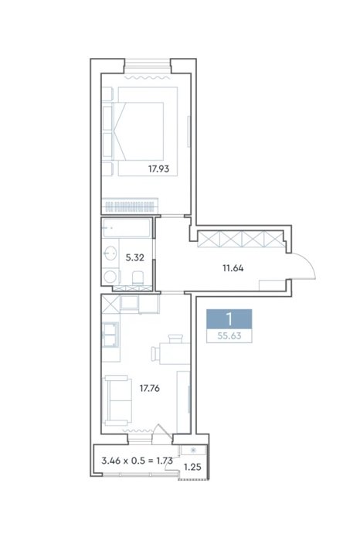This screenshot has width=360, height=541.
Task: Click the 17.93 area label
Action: click(158, 169)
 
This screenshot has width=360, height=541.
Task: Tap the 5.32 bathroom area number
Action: click(135, 257)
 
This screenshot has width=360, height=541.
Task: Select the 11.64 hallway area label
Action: click(233, 268)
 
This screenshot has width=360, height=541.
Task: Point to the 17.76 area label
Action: click(149, 389)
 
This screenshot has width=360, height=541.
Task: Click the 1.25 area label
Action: click(192, 467)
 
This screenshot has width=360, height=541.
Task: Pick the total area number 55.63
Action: click(229, 335)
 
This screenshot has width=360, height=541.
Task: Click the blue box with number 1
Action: click(229, 318)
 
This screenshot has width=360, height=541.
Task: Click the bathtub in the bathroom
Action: click(127, 228)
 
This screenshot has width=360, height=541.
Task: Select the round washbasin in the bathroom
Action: click(110, 253)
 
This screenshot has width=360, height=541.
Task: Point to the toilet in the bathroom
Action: click(138, 277)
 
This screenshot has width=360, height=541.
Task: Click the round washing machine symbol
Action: click(110, 277)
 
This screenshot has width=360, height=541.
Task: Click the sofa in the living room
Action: click(117, 400)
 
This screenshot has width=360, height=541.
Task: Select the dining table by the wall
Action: click(175, 354)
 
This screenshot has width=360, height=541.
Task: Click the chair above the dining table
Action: click(175, 339)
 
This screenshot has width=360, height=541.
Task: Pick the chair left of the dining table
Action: click(155, 354)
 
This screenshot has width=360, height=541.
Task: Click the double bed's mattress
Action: click(138, 131)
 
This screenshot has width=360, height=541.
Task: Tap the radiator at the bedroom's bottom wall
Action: click(130, 206)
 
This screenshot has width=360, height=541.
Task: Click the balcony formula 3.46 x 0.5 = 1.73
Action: click(138, 461)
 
